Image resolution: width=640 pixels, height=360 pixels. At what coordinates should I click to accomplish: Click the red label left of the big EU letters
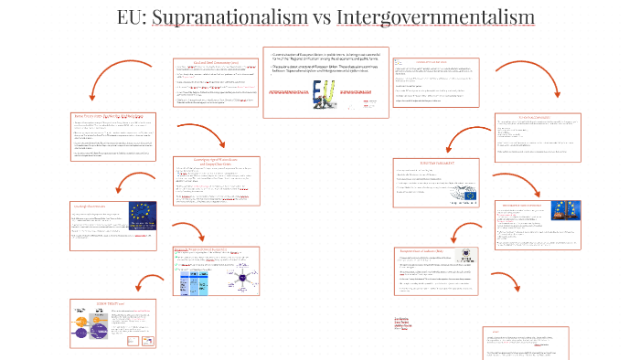(287, 93)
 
